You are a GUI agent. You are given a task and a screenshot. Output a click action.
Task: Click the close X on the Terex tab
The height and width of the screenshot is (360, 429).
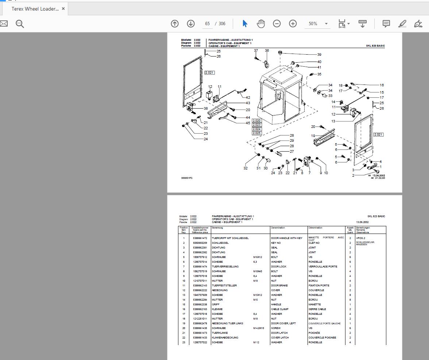pos(63,9)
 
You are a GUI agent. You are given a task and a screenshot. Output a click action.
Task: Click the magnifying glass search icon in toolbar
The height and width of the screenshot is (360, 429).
pos(20,24)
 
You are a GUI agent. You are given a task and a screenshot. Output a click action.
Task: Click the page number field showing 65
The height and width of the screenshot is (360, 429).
pos(207,24)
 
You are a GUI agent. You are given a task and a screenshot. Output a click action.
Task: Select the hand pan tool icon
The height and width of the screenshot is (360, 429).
pos(260,24)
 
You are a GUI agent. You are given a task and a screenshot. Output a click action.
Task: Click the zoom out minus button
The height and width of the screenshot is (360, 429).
pos(277,24)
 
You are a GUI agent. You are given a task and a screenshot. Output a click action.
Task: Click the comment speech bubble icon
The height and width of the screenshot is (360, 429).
pos(386,24)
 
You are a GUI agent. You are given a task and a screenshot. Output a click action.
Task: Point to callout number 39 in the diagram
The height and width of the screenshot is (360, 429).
pos(319,55)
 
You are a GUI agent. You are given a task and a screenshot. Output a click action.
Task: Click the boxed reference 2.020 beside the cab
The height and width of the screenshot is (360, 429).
pos(256,121)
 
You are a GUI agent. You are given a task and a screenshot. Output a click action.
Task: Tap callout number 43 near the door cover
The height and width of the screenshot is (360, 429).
pos(248,103)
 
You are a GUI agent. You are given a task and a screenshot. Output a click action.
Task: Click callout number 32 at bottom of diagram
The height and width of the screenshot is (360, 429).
pos(246,168)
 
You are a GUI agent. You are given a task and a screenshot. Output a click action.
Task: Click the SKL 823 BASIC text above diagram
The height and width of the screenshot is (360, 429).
pos(375,46)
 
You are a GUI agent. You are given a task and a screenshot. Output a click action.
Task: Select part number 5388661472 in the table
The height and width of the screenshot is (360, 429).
pos(200,238)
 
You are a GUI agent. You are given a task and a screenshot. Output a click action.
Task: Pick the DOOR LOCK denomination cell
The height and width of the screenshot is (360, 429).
pos(279,267)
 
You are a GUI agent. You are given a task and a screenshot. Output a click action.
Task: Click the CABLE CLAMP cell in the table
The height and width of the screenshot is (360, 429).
pos(280,309)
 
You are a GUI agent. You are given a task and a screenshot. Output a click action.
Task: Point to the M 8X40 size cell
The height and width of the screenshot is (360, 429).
pos(258,271)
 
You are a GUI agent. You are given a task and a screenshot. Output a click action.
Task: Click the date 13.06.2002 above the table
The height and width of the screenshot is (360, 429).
pos(362,222)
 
